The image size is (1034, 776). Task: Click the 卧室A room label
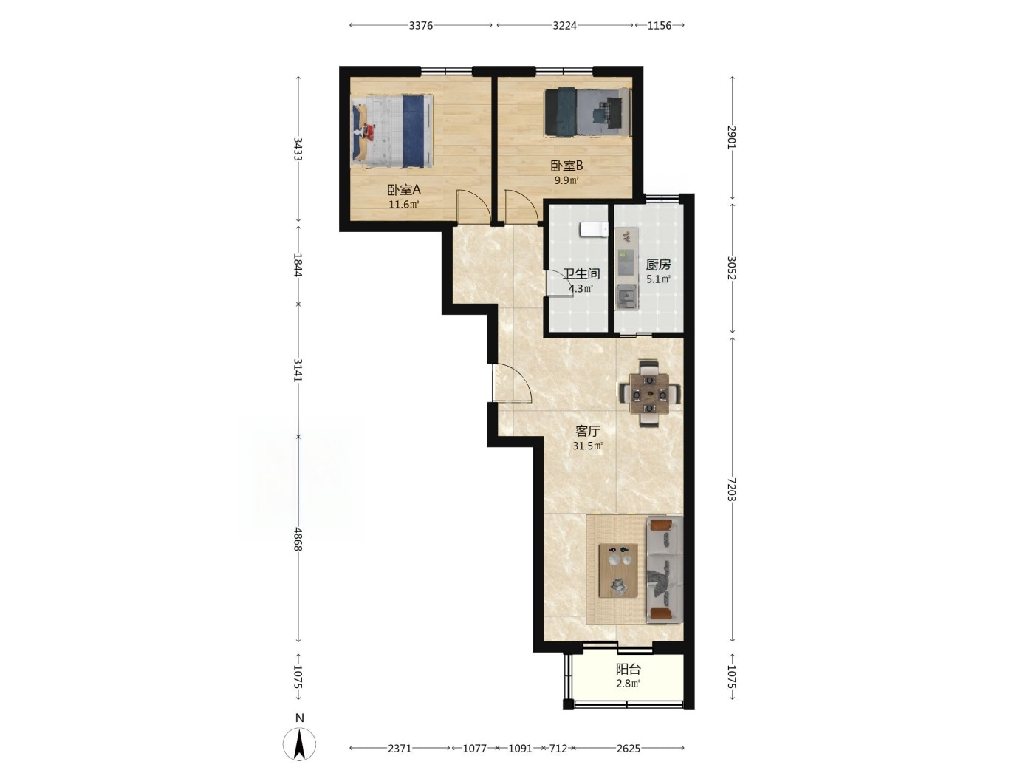404,190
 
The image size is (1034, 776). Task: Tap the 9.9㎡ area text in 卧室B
566,180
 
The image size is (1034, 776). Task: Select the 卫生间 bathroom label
581,273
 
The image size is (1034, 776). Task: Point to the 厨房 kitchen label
658,265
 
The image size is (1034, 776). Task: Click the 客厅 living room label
588,431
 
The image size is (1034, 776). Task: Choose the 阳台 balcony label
629,669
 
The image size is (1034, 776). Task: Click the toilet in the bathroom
594,229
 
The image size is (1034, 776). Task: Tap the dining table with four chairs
650,394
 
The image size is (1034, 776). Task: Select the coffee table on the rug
618,571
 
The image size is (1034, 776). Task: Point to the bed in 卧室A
392,131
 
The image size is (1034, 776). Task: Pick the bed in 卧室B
587,112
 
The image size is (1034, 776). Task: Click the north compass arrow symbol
299,743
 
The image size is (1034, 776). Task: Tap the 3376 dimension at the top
421,25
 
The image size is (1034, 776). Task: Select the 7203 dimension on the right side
732,489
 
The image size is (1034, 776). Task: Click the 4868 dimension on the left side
298,539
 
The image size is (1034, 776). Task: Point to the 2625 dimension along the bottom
629,748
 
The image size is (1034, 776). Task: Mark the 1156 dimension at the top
659,25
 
